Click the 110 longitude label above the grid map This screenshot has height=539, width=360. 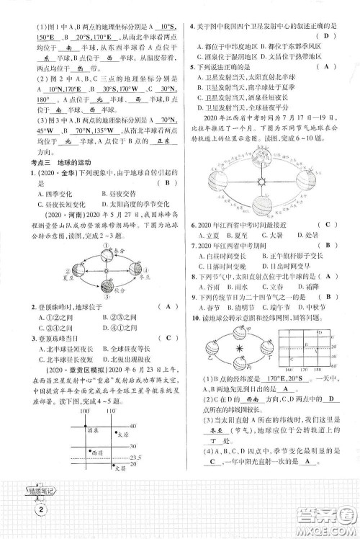[x=107, y=411]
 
